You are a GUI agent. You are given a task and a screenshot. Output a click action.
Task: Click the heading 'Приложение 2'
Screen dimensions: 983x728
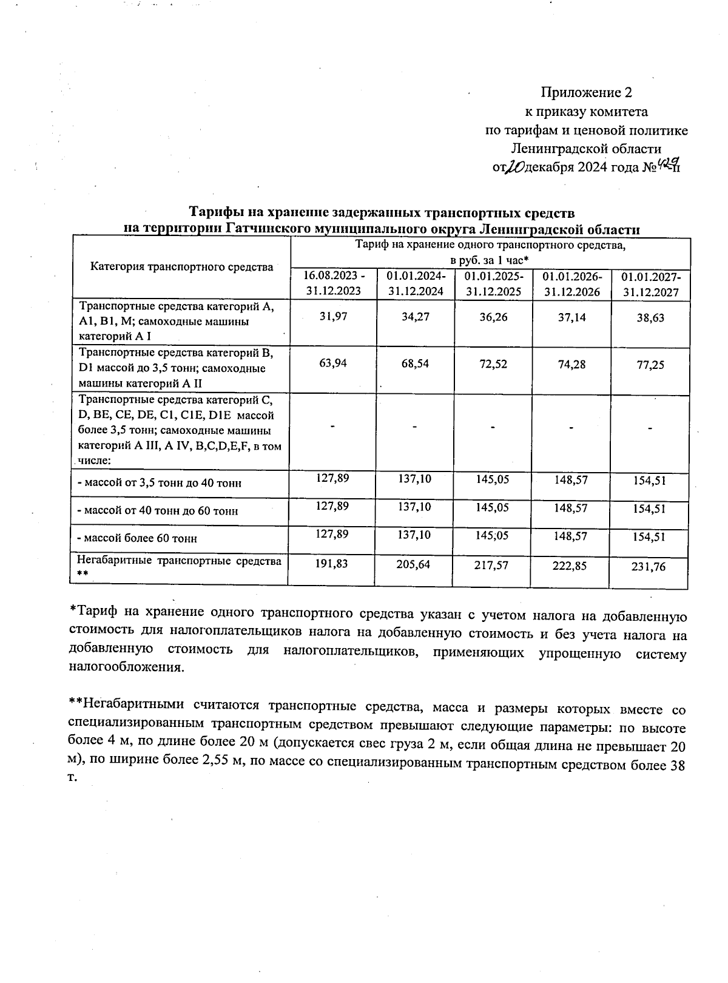(586, 93)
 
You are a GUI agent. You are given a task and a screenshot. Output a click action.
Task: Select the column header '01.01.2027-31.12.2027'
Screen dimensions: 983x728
(650, 284)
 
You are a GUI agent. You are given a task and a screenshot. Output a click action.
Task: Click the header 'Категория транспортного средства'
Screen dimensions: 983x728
(181, 266)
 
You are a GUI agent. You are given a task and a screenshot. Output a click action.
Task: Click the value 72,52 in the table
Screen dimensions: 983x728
(493, 364)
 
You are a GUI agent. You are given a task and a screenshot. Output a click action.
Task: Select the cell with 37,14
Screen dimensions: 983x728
(571, 317)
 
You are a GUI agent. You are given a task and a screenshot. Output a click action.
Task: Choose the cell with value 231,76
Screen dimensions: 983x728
(649, 567)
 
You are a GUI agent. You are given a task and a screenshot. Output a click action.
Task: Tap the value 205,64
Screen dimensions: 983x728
(415, 565)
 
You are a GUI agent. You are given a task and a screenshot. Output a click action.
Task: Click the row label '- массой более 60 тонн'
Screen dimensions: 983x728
(137, 539)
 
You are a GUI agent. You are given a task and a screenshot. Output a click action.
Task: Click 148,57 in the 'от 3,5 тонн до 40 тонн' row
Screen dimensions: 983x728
(570, 479)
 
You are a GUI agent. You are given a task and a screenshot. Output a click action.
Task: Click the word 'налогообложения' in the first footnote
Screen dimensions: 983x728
(125, 667)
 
